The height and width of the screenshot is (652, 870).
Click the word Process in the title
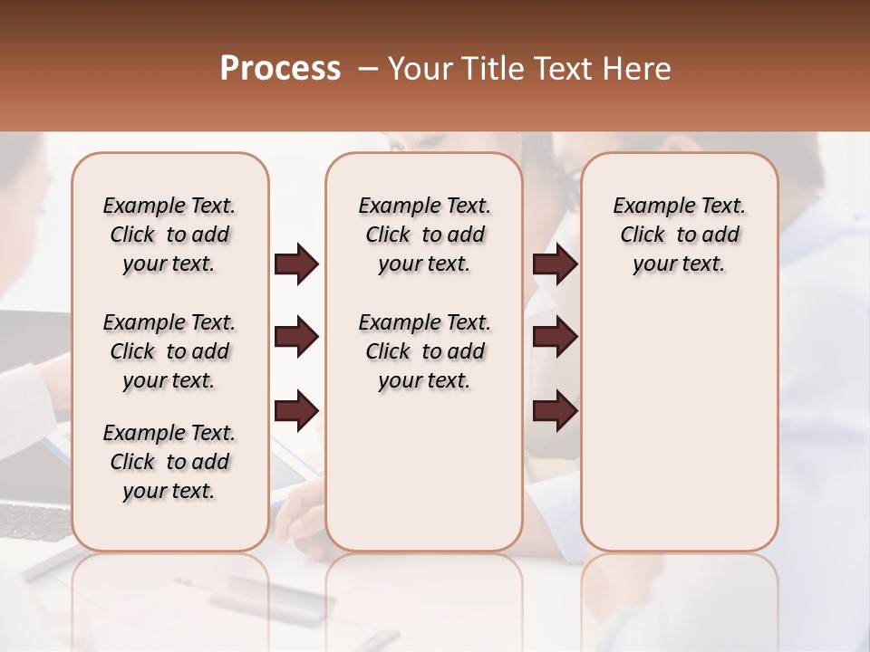point(280,69)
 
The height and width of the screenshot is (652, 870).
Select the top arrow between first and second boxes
point(296,264)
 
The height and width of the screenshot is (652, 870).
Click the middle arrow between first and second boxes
point(296,338)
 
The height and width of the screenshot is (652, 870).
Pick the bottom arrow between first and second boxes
point(296,411)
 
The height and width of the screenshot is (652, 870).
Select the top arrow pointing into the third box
point(555,264)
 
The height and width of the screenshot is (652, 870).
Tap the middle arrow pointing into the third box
point(555,338)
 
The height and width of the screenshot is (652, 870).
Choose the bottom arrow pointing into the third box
point(555,411)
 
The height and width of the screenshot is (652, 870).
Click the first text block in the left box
point(169,235)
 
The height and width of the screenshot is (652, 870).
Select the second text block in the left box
point(169,351)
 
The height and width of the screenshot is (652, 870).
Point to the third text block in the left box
point(169,462)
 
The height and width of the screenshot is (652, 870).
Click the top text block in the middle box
point(424,235)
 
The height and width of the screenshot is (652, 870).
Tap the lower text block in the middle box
point(424,351)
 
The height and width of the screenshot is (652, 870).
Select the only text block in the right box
point(679,235)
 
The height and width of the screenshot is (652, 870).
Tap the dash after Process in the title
point(367,69)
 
